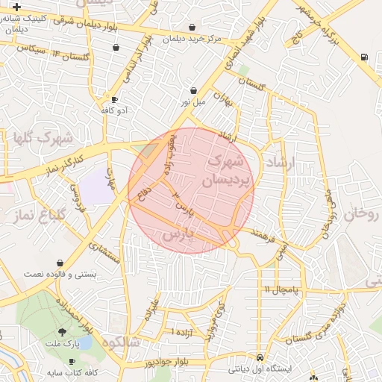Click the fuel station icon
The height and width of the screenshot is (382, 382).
coord(363,57)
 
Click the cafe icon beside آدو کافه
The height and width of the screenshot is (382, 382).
coord(114,98)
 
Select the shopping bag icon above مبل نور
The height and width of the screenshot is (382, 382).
coord(194,90)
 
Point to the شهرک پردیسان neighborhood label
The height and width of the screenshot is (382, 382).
coord(224,171)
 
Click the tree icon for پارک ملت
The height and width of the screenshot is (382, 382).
coord(61,332)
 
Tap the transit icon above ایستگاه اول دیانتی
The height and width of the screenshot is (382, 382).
coord(259,357)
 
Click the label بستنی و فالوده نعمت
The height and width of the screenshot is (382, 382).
coord(60,275)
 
